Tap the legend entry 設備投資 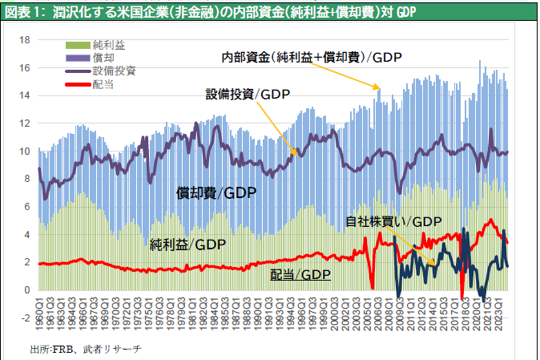click(x=115, y=70)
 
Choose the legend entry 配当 click(x=103, y=83)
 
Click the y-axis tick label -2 click(x=25, y=318)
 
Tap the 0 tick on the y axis click(x=27, y=289)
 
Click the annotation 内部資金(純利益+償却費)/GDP click(x=312, y=57)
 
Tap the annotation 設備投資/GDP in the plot click(x=248, y=94)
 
